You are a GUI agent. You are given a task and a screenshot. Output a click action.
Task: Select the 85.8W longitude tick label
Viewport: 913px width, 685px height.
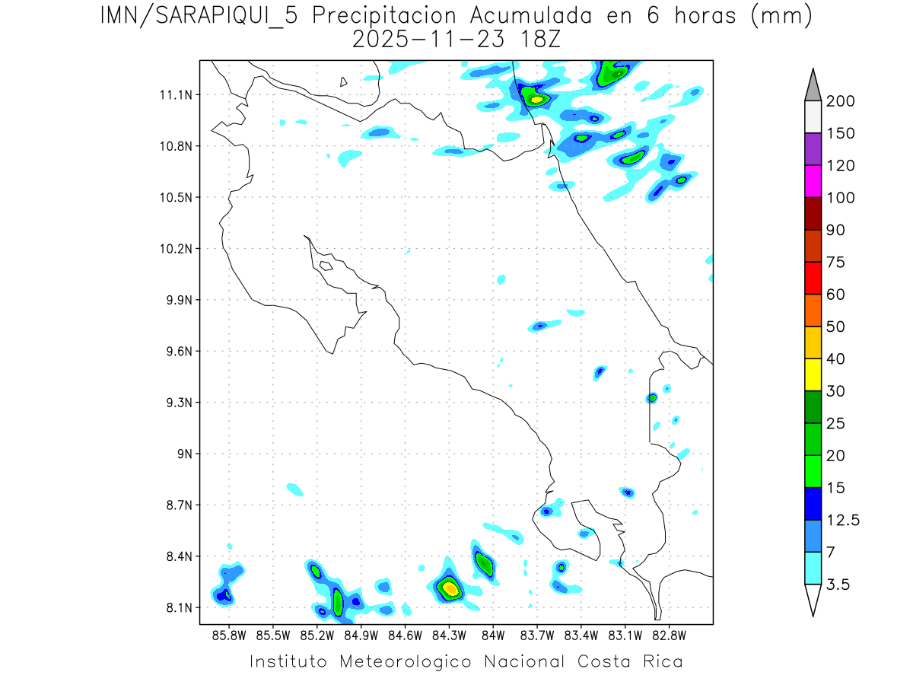[x=230, y=635]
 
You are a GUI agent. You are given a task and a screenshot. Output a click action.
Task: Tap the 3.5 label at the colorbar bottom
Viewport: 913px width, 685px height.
[x=839, y=585]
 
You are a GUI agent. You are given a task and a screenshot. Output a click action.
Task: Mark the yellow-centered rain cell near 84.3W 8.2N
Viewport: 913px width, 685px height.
[x=450, y=588]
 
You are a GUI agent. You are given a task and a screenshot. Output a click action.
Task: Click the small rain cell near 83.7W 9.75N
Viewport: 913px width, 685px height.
[x=540, y=326]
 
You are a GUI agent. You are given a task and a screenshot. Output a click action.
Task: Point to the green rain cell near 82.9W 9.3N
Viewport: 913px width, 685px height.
[x=652, y=398]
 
